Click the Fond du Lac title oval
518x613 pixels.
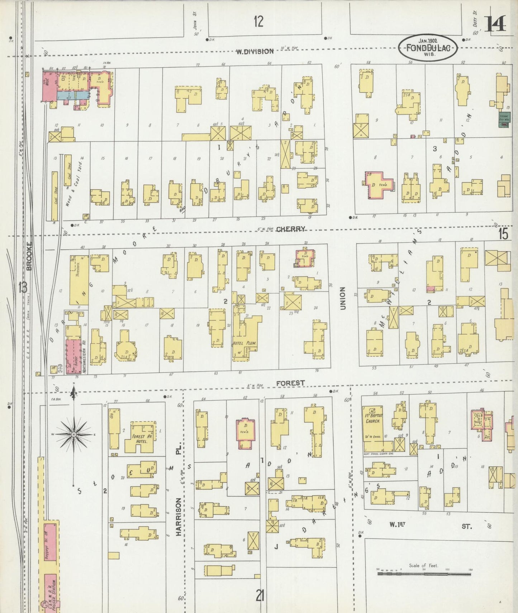tap(428, 48)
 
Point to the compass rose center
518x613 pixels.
tap(73, 434)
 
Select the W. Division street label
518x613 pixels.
tap(255, 51)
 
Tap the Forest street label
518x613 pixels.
tap(290, 383)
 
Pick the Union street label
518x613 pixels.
tap(342, 298)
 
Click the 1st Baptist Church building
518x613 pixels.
tap(375, 428)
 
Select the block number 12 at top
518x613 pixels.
tap(258, 22)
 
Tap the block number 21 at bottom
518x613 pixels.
tap(260, 596)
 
